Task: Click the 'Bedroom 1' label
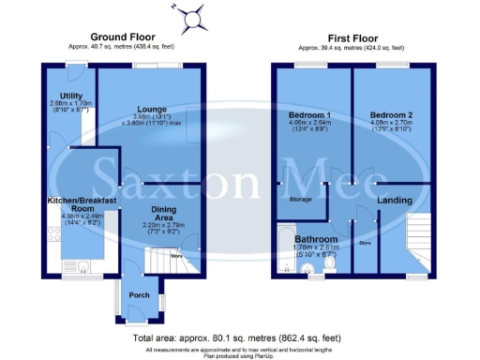tap(306, 116)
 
